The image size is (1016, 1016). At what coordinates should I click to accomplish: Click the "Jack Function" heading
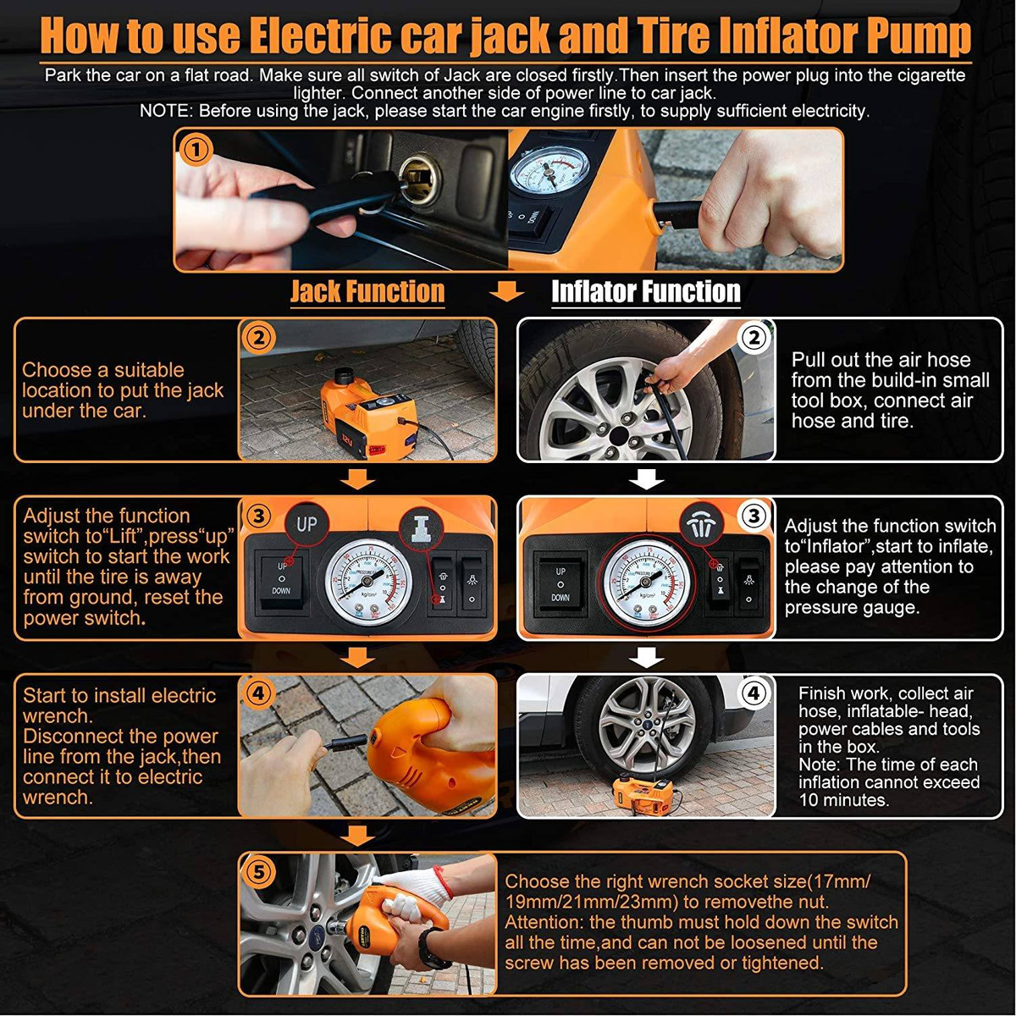point(367,291)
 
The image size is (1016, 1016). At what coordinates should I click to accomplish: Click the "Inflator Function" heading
point(646,291)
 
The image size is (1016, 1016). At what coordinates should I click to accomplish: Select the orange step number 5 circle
point(258,873)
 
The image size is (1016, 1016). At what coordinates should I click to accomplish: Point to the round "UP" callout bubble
point(306,524)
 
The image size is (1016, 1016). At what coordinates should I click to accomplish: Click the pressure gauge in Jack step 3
point(369,583)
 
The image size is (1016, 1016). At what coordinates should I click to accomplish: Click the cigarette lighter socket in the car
point(419,181)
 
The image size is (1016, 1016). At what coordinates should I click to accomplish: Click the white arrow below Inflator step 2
point(647,479)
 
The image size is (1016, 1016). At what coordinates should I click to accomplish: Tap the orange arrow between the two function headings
point(506,291)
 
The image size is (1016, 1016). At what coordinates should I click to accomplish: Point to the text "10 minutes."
point(843,800)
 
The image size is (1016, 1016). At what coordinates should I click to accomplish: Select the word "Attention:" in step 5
point(544,922)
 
